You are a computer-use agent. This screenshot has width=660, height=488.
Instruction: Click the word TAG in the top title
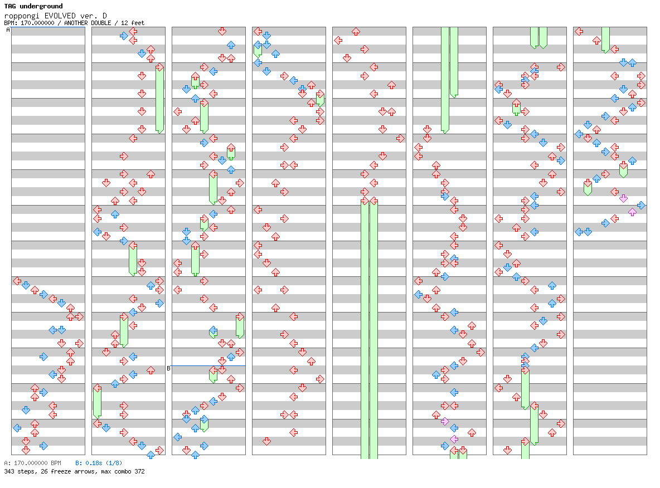pyautogui.click(x=10, y=6)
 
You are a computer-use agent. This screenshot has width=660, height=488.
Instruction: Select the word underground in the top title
pyautogui.click(x=41, y=6)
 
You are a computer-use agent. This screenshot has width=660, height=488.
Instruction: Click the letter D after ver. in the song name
pyautogui.click(x=104, y=16)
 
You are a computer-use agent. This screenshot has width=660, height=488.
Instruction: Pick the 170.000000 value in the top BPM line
pyautogui.click(x=37, y=23)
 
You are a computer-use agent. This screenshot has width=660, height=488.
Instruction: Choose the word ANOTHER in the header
pyautogui.click(x=76, y=23)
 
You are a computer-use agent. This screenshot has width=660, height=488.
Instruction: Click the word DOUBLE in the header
pyautogui.click(x=101, y=23)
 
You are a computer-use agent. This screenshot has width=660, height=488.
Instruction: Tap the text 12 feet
pyautogui.click(x=133, y=23)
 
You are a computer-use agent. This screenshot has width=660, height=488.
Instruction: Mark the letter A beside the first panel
pyautogui.click(x=8, y=30)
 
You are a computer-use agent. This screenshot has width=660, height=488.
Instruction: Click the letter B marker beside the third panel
pyautogui.click(x=168, y=369)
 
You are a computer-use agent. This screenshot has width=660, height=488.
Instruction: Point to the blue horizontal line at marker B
pyautogui.click(x=208, y=365)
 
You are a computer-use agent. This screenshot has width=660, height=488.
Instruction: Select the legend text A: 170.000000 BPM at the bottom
pyautogui.click(x=32, y=463)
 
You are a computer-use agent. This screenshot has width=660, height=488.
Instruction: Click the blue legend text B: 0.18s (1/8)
pyautogui.click(x=99, y=463)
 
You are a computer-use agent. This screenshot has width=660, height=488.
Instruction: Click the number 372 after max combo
pyautogui.click(x=139, y=471)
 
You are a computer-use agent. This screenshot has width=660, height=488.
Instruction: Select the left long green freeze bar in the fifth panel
pyautogui.click(x=365, y=329)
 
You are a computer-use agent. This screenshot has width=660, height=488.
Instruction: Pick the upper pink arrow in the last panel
pyautogui.click(x=623, y=198)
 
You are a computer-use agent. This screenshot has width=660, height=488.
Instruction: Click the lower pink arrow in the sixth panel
pyautogui.click(x=454, y=439)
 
